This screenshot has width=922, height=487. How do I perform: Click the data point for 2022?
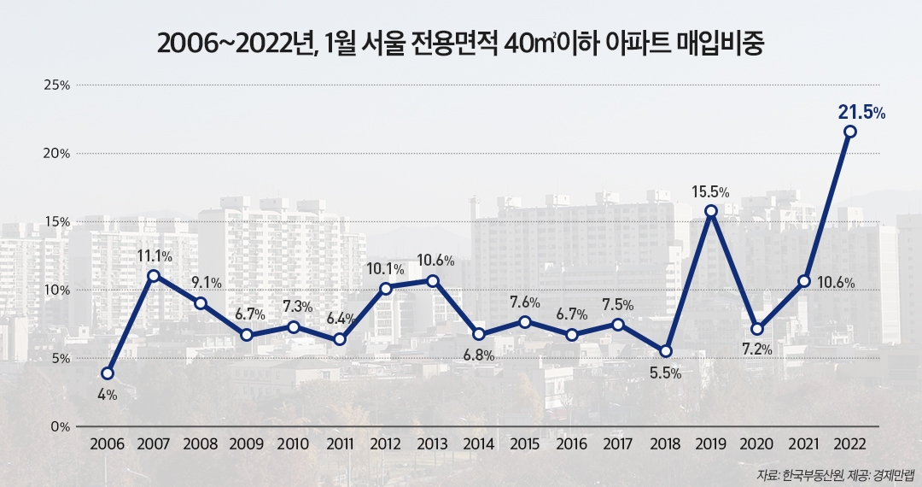(849, 132)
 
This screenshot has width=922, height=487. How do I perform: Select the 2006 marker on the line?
(108, 373)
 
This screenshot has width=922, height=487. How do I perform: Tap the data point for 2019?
(710, 210)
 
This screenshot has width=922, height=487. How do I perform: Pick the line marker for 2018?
(666, 351)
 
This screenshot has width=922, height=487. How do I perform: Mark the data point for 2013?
(433, 280)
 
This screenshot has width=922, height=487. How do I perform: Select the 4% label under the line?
(107, 396)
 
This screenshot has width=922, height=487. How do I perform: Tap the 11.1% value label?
(154, 255)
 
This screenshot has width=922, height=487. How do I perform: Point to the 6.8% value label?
(478, 355)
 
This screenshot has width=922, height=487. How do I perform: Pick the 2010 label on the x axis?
(293, 445)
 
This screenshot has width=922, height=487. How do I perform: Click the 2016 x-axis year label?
(571, 445)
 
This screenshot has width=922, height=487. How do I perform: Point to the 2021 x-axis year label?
(803, 445)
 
